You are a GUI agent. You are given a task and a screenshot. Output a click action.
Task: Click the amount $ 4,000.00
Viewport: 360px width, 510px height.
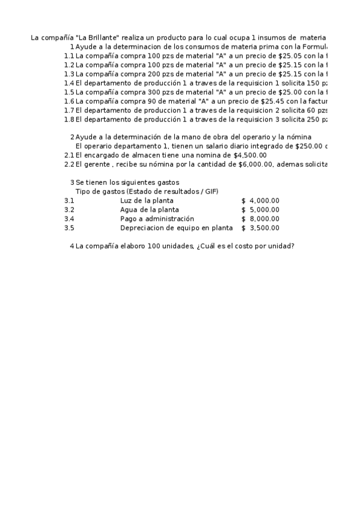pos(260,200)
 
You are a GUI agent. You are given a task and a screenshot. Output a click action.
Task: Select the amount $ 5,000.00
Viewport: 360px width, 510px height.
pos(260,209)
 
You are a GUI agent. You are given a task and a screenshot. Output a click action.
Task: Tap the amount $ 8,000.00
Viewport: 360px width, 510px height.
pos(260,219)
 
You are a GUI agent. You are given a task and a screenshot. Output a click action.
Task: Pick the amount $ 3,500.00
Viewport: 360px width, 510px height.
pos(260,228)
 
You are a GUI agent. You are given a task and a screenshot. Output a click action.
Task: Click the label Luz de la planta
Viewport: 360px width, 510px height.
pos(147,200)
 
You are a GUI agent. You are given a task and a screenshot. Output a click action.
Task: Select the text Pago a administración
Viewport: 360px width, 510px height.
pos(157,219)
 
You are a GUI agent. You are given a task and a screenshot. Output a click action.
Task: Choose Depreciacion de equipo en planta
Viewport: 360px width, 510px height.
pos(176,228)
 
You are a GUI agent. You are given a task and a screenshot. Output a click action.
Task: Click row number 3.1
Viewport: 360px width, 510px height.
pos(69,200)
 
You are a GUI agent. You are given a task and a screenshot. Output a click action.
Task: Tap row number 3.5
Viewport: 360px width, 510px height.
pos(69,228)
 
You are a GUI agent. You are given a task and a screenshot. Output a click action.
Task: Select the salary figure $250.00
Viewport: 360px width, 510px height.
pos(309,146)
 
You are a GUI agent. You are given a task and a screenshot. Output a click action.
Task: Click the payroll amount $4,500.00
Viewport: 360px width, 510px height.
pos(249,155)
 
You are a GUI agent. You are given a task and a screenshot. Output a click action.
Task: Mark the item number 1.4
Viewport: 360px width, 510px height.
pos(69,83)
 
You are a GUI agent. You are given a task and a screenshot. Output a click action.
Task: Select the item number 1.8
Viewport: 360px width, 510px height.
pos(69,119)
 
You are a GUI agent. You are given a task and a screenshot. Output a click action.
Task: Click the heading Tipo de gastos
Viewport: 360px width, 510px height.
pos(96,191)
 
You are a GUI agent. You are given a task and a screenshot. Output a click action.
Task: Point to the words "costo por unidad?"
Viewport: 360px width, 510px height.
pos(264,246)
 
